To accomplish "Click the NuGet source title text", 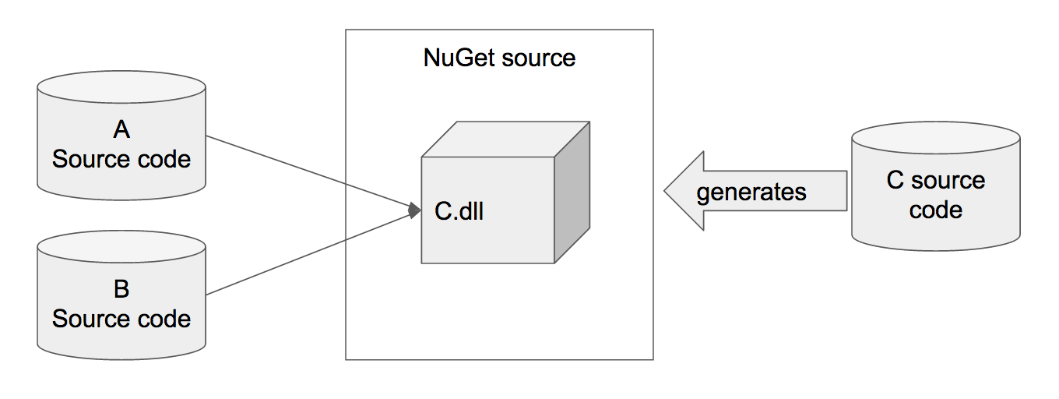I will (x=499, y=58).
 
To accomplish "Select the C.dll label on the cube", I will (x=459, y=211).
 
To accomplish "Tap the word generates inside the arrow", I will (x=751, y=192).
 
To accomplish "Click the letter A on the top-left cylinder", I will (x=121, y=130).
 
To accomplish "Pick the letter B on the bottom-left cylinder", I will (x=121, y=289).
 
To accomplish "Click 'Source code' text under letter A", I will (x=121, y=159).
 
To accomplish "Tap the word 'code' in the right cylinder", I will (x=935, y=210).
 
